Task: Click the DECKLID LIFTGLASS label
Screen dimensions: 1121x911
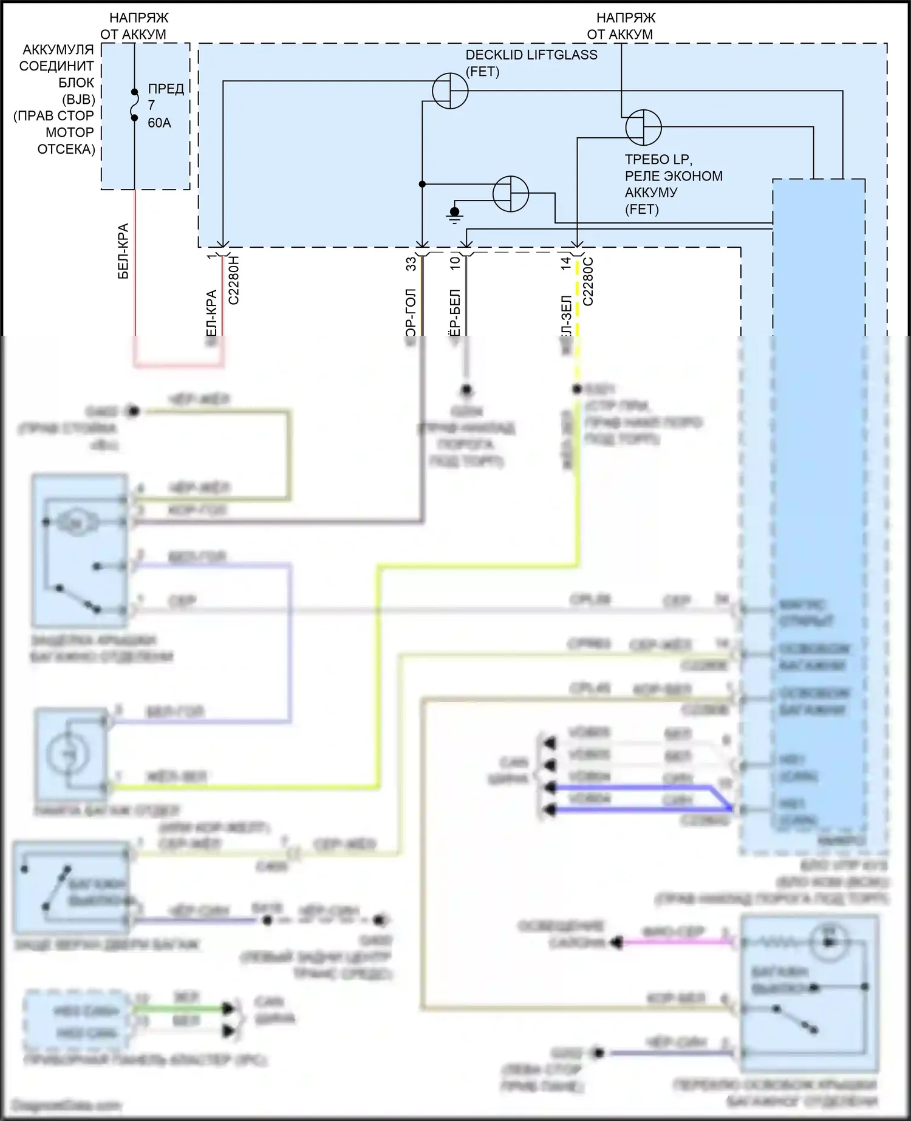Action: coord(531,55)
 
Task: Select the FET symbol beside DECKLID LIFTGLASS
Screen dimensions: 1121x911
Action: coord(450,91)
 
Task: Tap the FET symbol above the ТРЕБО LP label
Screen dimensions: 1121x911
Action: coord(643,128)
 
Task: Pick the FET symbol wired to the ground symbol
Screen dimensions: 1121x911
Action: coord(511,194)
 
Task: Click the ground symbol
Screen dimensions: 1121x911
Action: coord(454,214)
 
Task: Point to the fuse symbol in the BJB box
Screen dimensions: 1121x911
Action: coord(134,105)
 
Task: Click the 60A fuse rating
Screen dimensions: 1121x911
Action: coord(159,123)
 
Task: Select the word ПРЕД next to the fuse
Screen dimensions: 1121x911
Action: coord(166,89)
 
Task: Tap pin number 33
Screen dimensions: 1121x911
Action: coord(411,264)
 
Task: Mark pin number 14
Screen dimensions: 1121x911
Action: coord(566,263)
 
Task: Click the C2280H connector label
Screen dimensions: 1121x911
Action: coord(234,280)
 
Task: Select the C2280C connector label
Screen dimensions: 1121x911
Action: coord(588,281)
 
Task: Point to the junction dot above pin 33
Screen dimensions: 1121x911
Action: coord(422,184)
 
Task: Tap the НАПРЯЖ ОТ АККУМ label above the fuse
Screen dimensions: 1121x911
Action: coord(135,26)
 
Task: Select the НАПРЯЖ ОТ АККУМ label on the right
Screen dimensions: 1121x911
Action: coord(621,26)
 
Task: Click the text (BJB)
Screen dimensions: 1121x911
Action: coord(78,99)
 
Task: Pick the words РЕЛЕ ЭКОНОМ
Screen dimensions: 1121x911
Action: coord(674,176)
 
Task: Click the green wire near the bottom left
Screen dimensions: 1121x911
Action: coord(179,1009)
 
